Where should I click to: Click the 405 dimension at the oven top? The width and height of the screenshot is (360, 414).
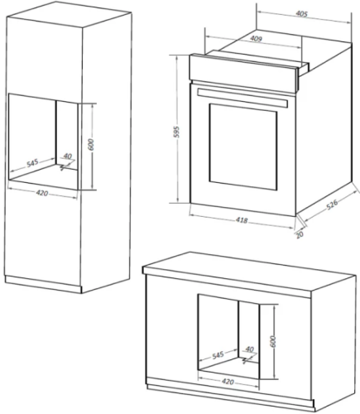tap(301, 13)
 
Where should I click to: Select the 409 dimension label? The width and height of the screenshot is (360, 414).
tap(256, 39)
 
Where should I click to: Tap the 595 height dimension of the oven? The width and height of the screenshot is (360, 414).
tap(176, 132)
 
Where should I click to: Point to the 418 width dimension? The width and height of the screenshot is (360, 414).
tap(242, 220)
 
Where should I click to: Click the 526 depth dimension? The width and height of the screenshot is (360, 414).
tap(332, 205)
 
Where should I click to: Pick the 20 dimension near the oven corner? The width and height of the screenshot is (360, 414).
tap(300, 234)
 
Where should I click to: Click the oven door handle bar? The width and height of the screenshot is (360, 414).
tap(242, 98)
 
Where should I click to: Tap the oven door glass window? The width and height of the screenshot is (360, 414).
tap(242, 147)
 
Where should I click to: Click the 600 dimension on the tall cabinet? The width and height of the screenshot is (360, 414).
tap(91, 145)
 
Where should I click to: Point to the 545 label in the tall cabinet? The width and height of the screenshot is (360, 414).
tap(32, 163)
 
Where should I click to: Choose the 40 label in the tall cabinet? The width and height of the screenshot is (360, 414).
tap(67, 156)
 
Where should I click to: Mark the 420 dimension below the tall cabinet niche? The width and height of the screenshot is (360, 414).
tap(42, 193)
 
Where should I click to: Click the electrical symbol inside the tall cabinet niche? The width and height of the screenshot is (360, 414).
tap(64, 166)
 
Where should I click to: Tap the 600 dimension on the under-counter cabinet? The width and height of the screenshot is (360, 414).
tap(273, 341)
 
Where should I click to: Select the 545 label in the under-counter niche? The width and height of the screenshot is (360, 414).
tap(218, 354)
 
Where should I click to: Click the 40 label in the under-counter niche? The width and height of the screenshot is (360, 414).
tap(249, 349)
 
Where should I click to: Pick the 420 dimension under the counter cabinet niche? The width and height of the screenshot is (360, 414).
tap(228, 382)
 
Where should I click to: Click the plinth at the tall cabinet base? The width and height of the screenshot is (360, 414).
tap(43, 284)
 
